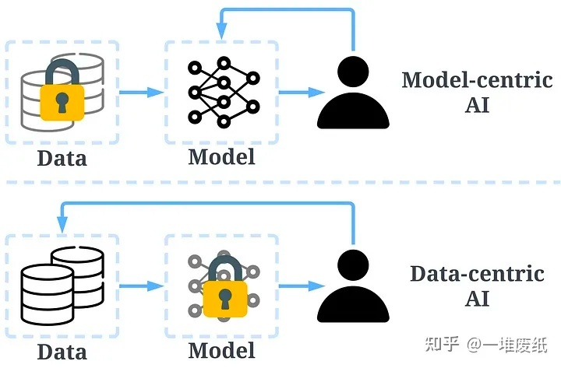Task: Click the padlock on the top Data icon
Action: (x=63, y=95)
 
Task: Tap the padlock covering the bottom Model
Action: (x=224, y=289)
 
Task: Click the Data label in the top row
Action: (x=62, y=159)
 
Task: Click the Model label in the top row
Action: (x=221, y=156)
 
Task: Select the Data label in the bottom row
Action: (x=62, y=351)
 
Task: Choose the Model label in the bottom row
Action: (x=221, y=349)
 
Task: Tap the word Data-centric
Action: (x=476, y=274)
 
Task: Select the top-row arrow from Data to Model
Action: (x=142, y=93)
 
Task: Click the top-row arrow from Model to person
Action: (x=301, y=93)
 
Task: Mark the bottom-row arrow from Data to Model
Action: (x=142, y=286)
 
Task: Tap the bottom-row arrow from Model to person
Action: (x=301, y=286)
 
